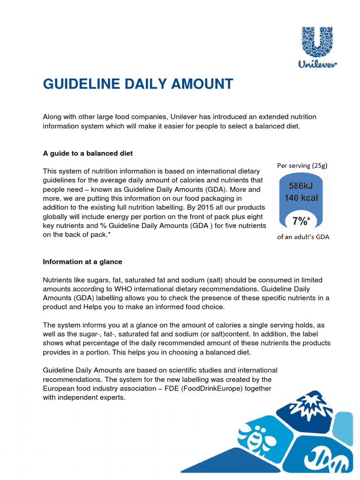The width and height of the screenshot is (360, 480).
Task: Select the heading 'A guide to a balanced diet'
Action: tap(88, 153)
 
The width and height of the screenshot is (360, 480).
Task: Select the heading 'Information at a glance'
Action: tap(82, 262)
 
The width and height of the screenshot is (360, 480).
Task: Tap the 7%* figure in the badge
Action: tap(303, 220)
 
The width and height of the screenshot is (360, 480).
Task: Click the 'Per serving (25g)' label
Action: tap(303, 165)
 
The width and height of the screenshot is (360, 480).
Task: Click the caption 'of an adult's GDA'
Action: tap(303, 237)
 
